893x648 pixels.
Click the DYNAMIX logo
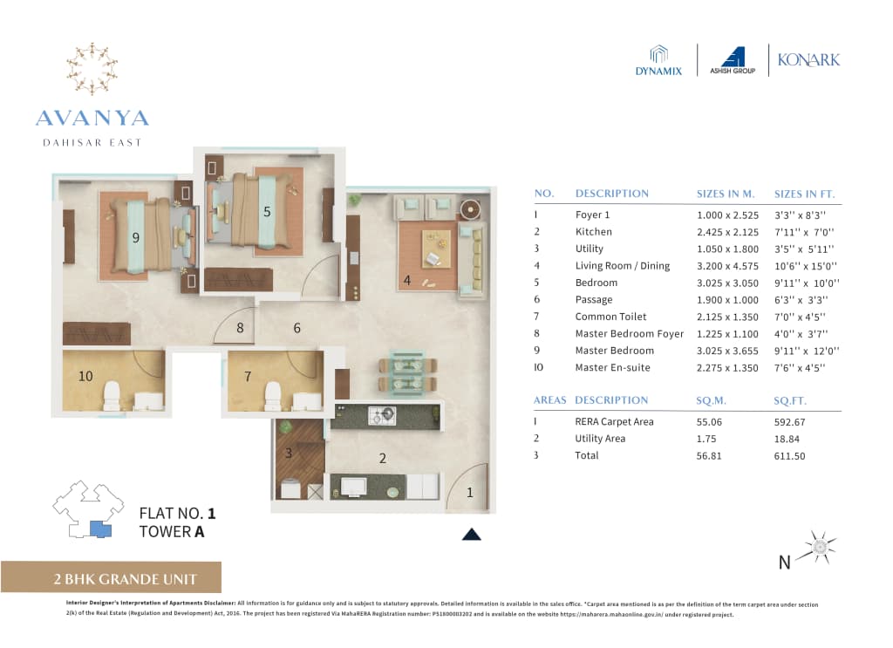click(658, 60)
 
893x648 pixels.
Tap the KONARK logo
click(809, 60)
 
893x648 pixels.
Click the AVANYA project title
click(92, 119)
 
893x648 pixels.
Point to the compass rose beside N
click(820, 546)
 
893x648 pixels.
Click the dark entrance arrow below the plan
click(471, 535)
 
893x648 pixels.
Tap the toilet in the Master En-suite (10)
click(111, 396)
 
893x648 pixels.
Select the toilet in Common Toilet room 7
click(273, 396)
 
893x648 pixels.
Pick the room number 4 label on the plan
click(406, 281)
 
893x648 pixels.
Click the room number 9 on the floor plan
click(136, 237)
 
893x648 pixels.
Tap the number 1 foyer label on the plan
click(469, 493)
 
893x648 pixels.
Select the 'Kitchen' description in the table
click(593, 232)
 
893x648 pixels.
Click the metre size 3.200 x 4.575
click(727, 266)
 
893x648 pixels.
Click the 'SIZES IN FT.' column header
click(804, 194)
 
